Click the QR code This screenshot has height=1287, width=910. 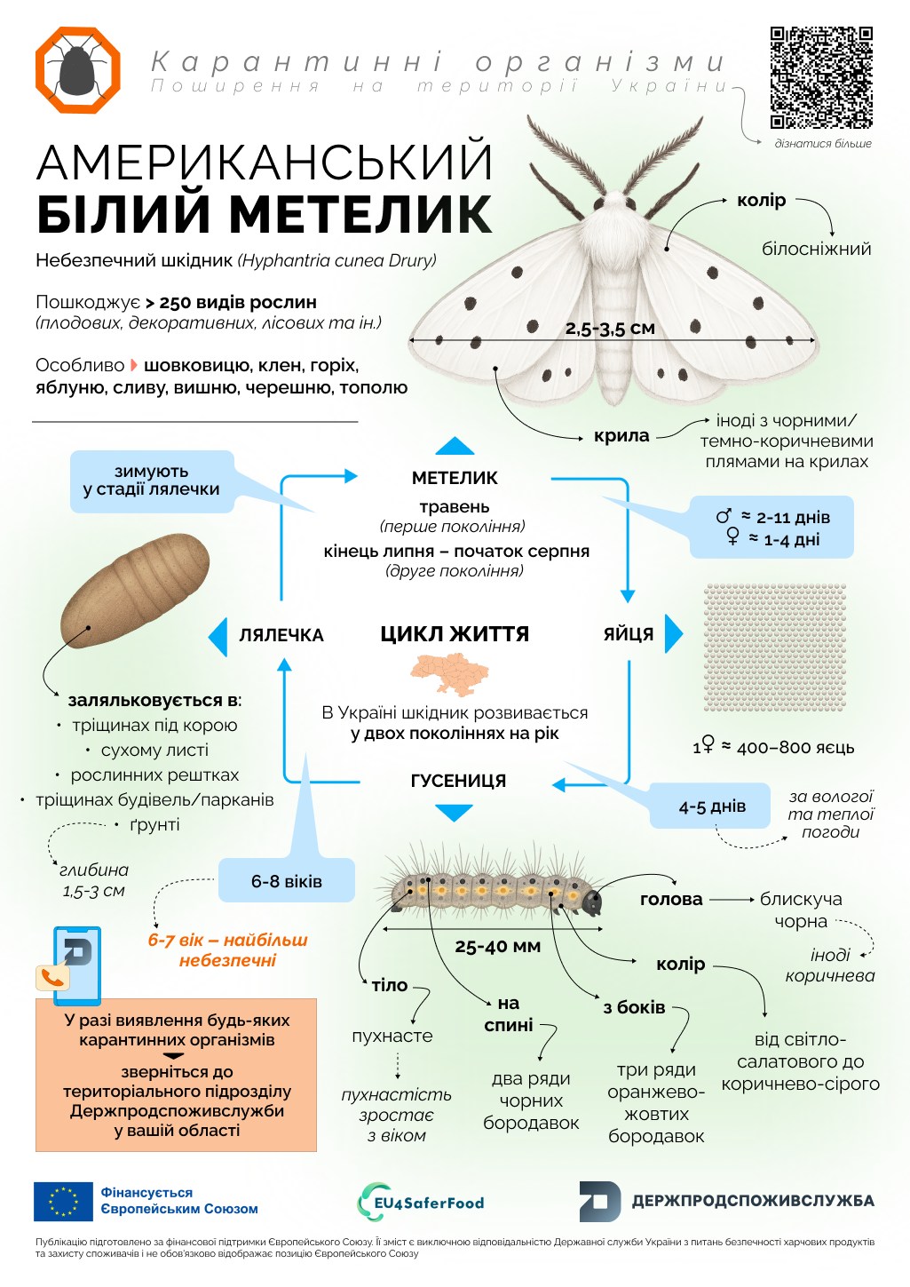pos(821,77)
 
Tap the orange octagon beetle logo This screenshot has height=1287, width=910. pos(77,70)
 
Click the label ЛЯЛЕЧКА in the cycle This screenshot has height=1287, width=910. pos(281,635)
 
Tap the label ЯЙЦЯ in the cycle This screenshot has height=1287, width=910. pos(629,634)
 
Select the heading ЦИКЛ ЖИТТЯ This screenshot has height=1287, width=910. pos(455,634)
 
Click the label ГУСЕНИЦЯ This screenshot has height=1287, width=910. pos(458,781)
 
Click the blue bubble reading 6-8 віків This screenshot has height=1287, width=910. pos(286,881)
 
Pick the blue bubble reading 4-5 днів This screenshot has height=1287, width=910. pos(712,806)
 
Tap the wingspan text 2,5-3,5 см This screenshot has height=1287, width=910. pos(610,328)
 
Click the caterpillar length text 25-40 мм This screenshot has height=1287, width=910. pos(497,946)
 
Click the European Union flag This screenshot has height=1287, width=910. pos(63,1201)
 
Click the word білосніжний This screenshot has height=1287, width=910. pos(816,249)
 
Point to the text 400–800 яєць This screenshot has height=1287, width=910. pos(795,747)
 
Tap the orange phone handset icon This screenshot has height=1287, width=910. pos(53,977)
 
